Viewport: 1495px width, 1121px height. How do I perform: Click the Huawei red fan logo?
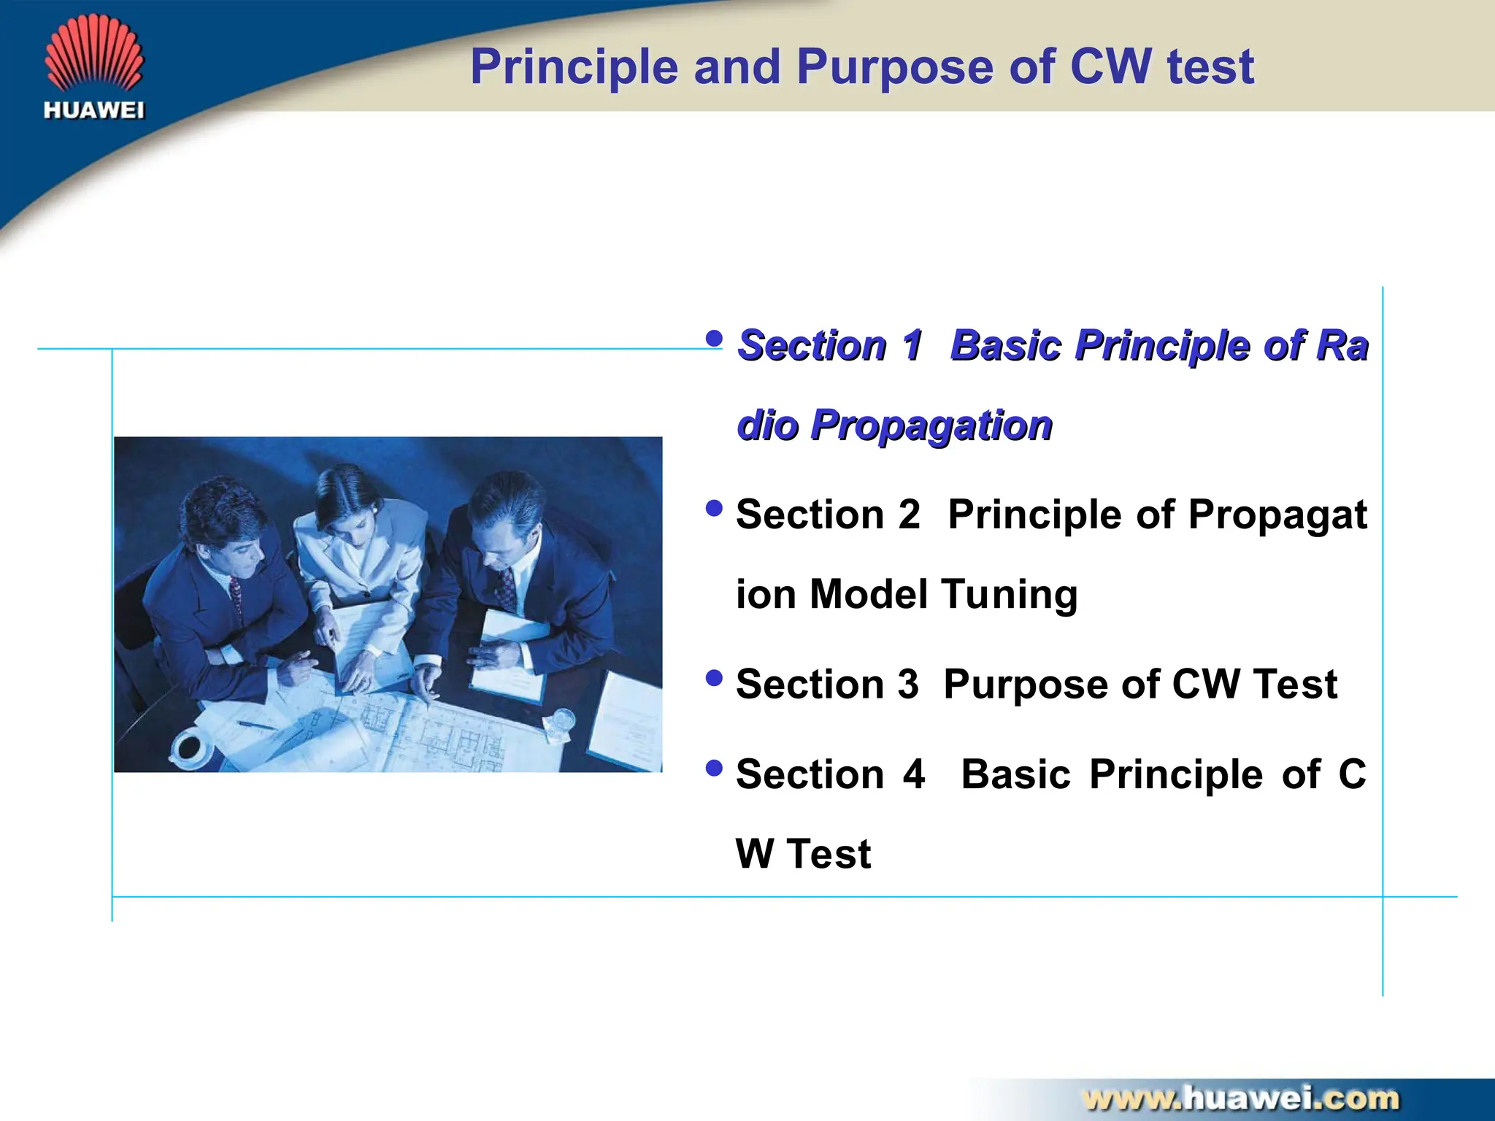pos(94,55)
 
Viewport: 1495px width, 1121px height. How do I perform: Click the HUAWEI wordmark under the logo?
pos(94,111)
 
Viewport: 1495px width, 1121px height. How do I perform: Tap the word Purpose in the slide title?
pos(896,67)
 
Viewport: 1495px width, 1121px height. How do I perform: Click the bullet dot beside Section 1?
pos(714,338)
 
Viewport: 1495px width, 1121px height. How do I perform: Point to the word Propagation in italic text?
pos(931,425)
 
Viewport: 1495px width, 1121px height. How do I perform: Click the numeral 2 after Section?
pos(909,515)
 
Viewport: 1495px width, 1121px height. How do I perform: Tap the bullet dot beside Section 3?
pos(714,678)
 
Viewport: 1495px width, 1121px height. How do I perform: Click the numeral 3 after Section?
pos(907,685)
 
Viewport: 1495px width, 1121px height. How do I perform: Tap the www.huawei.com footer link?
pos(1240,1098)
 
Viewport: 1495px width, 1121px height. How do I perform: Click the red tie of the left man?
pos(236,595)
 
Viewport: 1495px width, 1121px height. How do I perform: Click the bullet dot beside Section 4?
pos(714,768)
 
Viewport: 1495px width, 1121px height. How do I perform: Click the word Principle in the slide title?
pos(574,67)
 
